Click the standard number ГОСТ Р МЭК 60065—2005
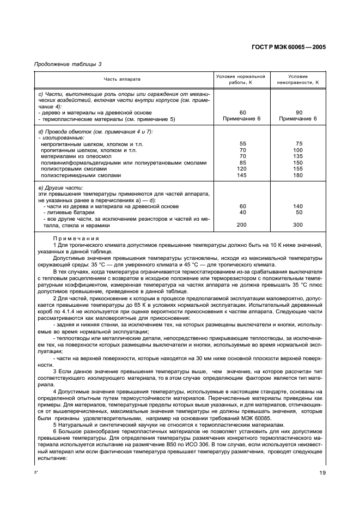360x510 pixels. [292, 47]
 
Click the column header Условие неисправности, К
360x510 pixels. [298, 80]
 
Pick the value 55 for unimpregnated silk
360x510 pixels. [243, 144]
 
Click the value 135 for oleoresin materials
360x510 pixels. [298, 156]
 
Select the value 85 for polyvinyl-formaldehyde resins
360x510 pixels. [243, 162]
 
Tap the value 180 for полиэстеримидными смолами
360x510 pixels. [298, 175]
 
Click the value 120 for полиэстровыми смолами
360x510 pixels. [243, 169]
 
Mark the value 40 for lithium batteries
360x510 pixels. [243, 212]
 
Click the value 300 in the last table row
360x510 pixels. [298, 224]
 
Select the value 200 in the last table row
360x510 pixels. [243, 224]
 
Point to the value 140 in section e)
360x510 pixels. [298, 206]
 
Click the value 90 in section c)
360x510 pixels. [298, 112]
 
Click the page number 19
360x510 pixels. [322, 473]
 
